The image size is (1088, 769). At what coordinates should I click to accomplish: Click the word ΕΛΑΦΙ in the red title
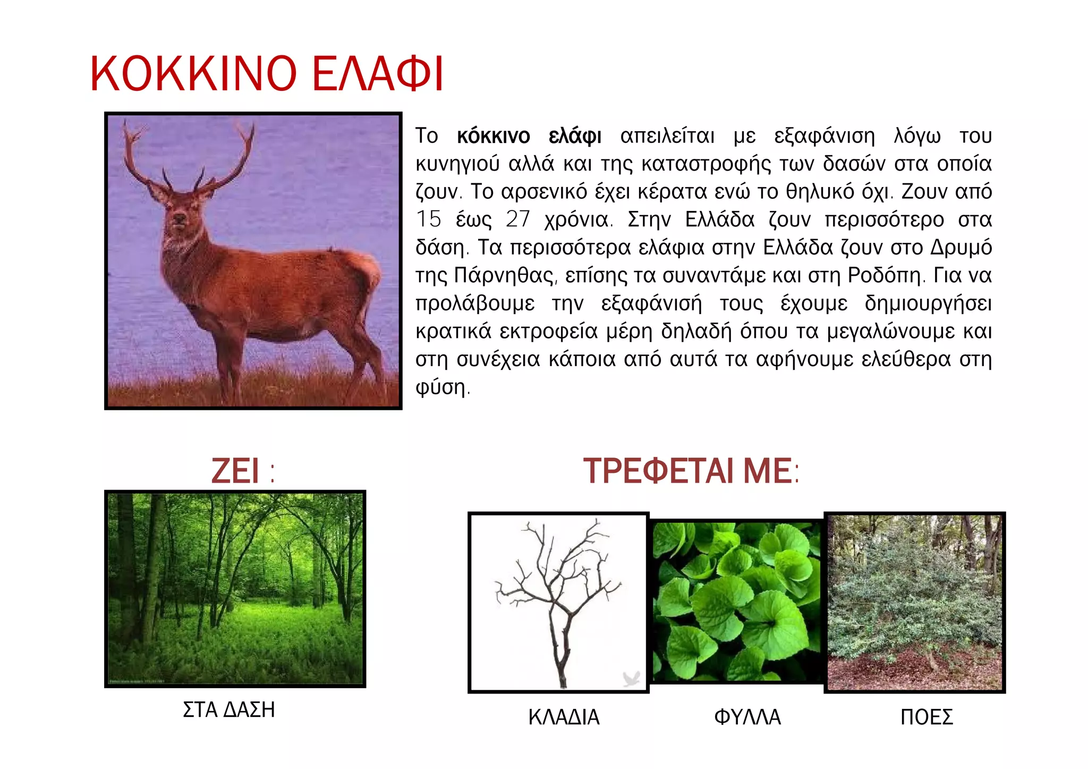tap(377, 74)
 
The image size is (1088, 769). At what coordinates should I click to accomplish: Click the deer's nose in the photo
tap(180, 218)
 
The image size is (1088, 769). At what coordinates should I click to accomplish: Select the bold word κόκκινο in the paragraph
tap(493, 137)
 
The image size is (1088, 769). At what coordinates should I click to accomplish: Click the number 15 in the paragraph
tap(428, 219)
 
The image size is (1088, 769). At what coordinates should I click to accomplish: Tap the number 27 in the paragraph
tap(517, 219)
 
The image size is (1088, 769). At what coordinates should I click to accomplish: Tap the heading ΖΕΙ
tap(235, 471)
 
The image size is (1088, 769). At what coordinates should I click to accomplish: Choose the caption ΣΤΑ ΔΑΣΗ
tap(229, 710)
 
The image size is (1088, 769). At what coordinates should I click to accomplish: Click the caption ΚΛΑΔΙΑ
tap(564, 717)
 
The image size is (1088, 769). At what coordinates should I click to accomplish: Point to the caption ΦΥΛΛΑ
tap(747, 717)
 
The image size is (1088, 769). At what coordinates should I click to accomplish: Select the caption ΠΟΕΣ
tap(926, 717)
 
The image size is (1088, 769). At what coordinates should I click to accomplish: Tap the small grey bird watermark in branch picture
tap(631, 679)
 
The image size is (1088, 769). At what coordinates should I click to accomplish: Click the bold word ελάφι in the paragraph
tap(575, 137)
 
